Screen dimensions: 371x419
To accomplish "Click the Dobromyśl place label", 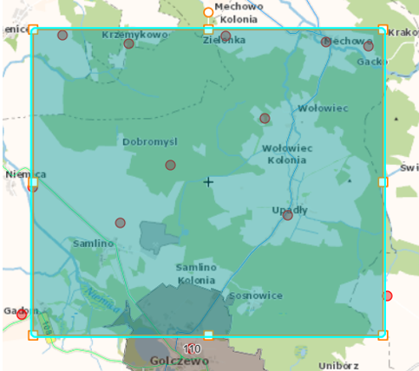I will tap(149, 141).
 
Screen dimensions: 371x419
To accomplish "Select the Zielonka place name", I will tap(224, 40).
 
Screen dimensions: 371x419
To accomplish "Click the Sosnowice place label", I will tap(256, 296).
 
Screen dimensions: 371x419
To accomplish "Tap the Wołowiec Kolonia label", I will tap(287, 153).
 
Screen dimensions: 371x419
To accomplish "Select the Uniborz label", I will tap(337, 365).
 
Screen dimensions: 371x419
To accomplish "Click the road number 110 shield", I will tap(192, 348).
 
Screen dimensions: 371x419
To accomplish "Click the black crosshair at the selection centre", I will tap(208, 182).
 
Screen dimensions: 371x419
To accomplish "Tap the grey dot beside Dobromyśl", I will tap(171, 165).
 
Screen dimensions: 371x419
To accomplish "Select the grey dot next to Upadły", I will tap(287, 216).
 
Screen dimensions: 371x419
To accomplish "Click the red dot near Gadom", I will tap(22, 314).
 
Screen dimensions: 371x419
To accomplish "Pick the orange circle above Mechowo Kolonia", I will tap(208, 12).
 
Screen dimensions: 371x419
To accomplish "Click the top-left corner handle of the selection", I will tap(33, 29).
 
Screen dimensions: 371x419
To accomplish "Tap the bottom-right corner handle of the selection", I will tap(383, 335).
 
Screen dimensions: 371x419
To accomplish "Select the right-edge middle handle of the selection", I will tap(383, 182).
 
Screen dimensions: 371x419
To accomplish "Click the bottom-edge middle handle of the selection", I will tap(208, 335).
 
